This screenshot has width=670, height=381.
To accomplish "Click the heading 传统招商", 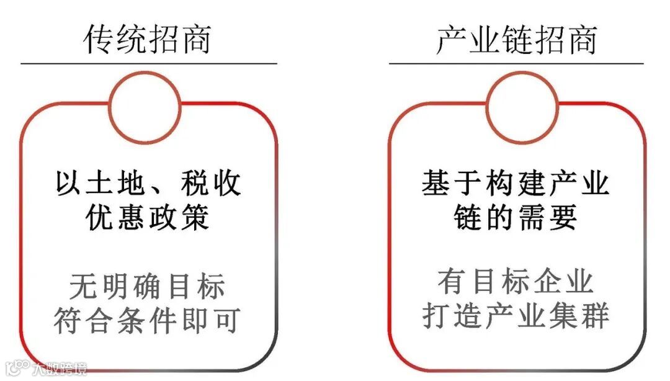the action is point(148,39).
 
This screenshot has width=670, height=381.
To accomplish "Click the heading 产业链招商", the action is point(516,39).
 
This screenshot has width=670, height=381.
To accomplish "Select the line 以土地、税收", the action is point(148,184).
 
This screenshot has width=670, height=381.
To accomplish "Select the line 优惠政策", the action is point(148,218).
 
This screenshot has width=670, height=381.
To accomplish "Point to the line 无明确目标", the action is point(148,286).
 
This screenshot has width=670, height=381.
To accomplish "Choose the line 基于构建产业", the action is point(516,184).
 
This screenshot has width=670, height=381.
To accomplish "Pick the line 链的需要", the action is point(516,218).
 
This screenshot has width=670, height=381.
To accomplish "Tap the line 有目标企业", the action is point(516,280).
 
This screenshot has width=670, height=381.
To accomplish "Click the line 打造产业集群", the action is point(516,315).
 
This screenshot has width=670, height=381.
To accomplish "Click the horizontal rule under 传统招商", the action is point(148,63).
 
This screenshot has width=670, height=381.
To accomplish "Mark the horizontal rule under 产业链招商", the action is point(516,63).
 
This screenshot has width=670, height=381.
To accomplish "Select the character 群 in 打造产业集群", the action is point(596,315).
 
